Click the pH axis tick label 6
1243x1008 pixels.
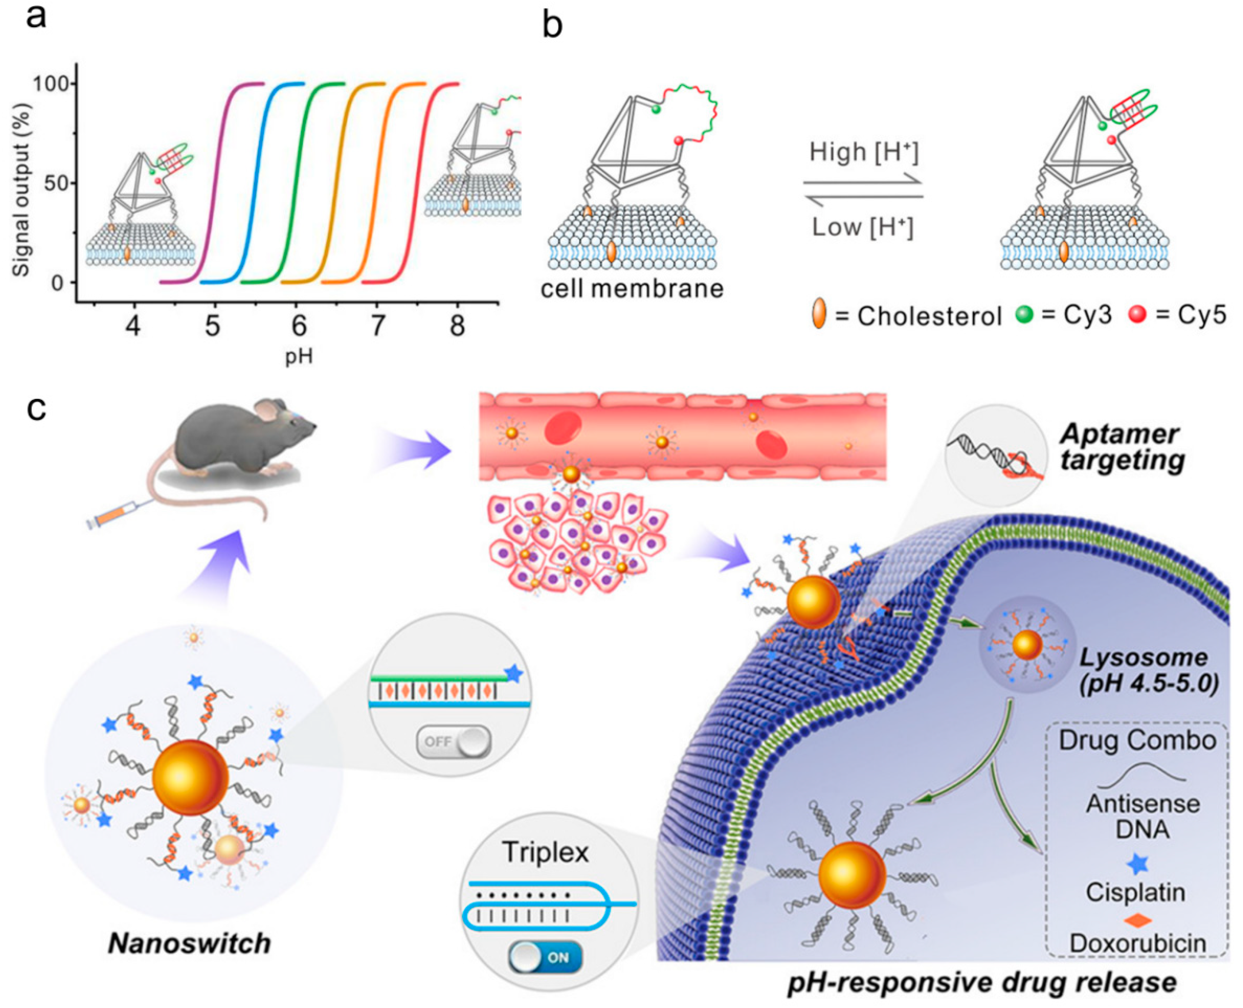click(298, 327)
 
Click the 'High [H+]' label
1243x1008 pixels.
click(864, 153)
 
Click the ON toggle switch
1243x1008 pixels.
click(546, 957)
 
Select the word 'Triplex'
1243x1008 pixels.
click(546, 853)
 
